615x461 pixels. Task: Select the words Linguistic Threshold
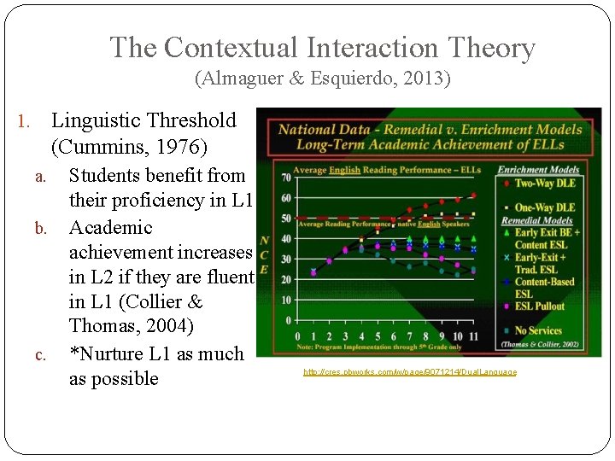click(x=143, y=120)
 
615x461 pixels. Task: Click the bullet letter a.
click(x=38, y=177)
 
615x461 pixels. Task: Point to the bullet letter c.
click(x=38, y=355)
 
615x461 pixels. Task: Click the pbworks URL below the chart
click(x=410, y=372)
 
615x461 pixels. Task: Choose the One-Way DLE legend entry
click(x=544, y=207)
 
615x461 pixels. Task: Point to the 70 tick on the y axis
click(x=287, y=178)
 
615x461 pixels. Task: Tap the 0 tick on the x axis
click(x=299, y=336)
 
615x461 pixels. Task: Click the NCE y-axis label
click(x=265, y=254)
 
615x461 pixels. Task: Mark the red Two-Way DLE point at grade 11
click(x=473, y=195)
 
